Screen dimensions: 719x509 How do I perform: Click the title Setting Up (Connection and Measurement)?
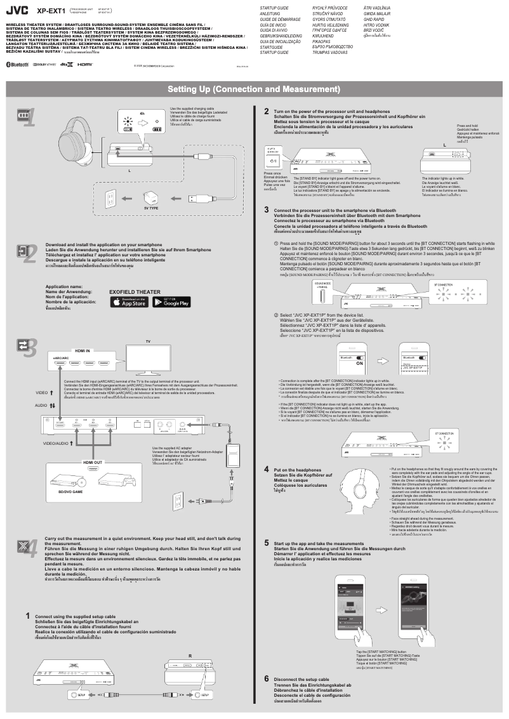coord(254,88)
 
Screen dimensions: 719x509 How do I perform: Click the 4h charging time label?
coord(142,114)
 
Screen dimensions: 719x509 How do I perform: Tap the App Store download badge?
coord(129,302)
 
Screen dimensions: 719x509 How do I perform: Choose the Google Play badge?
coord(173,302)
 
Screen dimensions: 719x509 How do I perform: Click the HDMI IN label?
coord(83,350)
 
